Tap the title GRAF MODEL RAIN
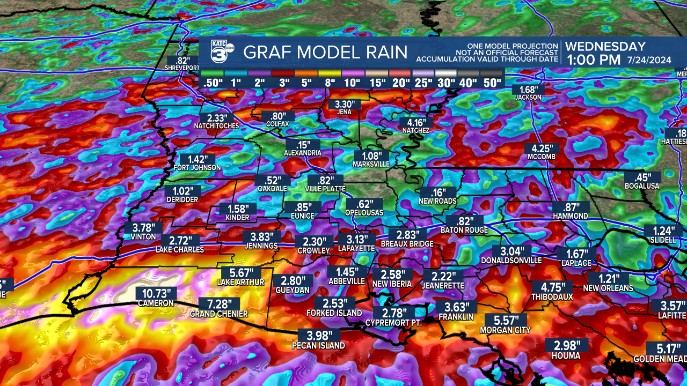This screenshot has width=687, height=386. [325, 53]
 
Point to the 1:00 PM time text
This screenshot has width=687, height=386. [593, 60]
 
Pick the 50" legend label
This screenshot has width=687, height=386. [492, 83]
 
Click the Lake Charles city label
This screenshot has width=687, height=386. [180, 250]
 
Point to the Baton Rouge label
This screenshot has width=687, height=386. [464, 231]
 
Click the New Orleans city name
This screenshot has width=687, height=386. [608, 288]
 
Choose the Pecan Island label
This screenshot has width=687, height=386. [318, 346]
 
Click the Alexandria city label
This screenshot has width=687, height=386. [303, 153]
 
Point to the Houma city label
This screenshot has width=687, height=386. [566, 355]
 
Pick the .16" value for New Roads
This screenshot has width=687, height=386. [438, 192]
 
